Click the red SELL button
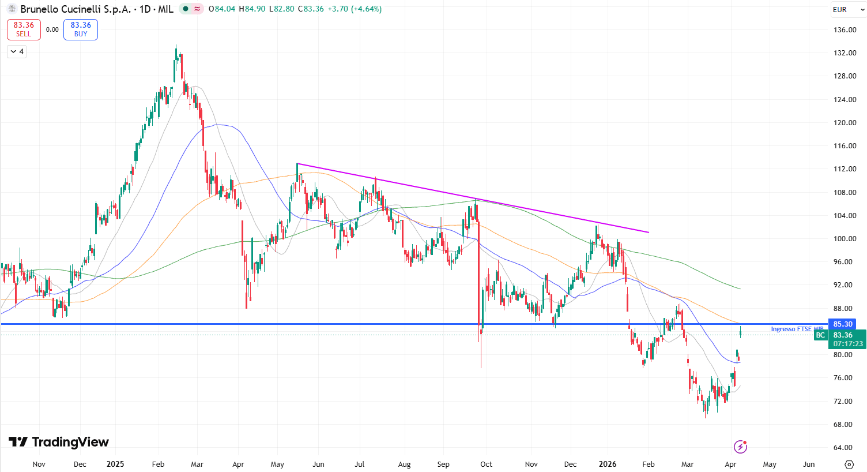pos(24,29)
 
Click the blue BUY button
pos(81,29)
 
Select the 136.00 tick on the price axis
pos(845,30)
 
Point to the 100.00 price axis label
pos(845,239)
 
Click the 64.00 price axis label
pos(845,448)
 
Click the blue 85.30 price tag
pos(842,324)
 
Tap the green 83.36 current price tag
pos(842,335)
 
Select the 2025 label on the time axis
pos(115,464)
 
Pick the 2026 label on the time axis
pos(608,464)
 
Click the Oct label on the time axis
pos(486,464)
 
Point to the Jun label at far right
pos(809,464)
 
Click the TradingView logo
pos(59,442)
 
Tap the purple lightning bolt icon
pos(740,447)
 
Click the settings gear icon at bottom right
pos(849,464)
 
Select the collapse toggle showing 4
pos(17,52)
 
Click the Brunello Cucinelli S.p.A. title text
pos(76,9)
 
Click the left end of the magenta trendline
pos(297,164)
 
